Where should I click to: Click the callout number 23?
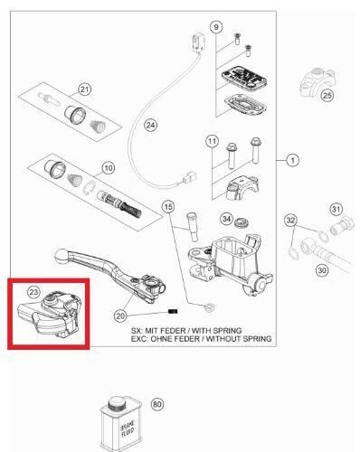33,292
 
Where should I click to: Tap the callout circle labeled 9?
215,28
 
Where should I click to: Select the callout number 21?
85,89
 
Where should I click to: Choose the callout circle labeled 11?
212,142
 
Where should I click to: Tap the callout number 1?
292,160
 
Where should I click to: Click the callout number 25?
327,95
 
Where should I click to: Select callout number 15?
168,207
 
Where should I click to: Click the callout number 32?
290,220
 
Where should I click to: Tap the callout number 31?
336,210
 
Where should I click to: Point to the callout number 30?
322,269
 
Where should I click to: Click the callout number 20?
120,315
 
